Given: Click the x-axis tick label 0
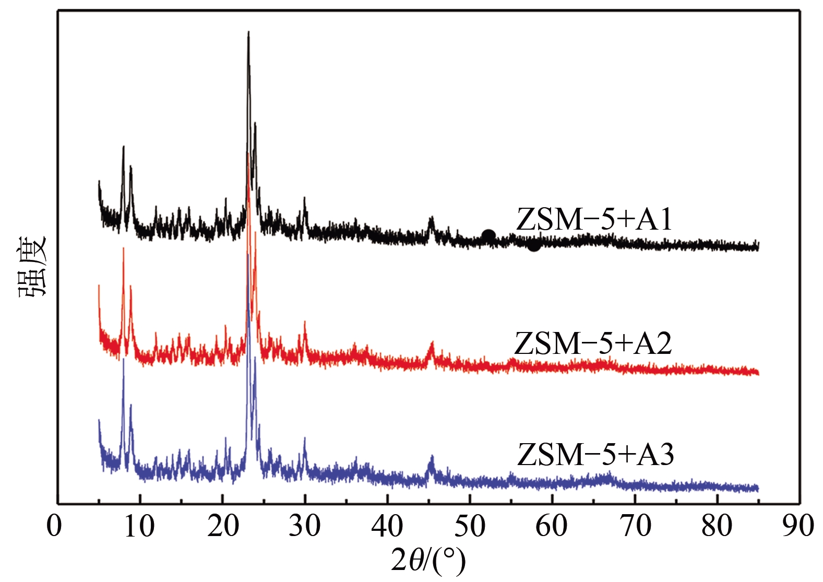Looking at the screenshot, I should [x=54, y=526].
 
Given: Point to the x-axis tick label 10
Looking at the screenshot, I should [x=139, y=526].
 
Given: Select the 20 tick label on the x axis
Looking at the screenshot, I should [x=222, y=526].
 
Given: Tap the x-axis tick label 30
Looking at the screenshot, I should [x=305, y=526].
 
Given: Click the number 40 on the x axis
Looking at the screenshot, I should [x=387, y=526].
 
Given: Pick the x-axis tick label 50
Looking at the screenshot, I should [x=470, y=526].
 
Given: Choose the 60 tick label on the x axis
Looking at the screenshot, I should [x=552, y=526].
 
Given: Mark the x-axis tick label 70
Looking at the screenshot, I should [x=635, y=526].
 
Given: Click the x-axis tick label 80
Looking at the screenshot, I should [x=717, y=526].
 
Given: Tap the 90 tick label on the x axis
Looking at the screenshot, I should [x=798, y=526].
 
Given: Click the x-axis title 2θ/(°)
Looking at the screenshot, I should [x=428, y=561].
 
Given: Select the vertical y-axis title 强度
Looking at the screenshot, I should [x=33, y=266].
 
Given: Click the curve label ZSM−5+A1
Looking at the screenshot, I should [x=594, y=219].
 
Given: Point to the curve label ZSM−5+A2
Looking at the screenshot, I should [x=593, y=343].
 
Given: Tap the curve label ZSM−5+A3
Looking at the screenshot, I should [x=595, y=454].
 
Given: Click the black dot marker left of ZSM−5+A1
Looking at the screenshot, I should [x=488, y=236].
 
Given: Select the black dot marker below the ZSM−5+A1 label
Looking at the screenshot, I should [x=533, y=244].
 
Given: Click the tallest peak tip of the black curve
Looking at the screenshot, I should [x=248, y=32].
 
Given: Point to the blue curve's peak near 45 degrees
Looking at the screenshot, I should [x=431, y=457].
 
